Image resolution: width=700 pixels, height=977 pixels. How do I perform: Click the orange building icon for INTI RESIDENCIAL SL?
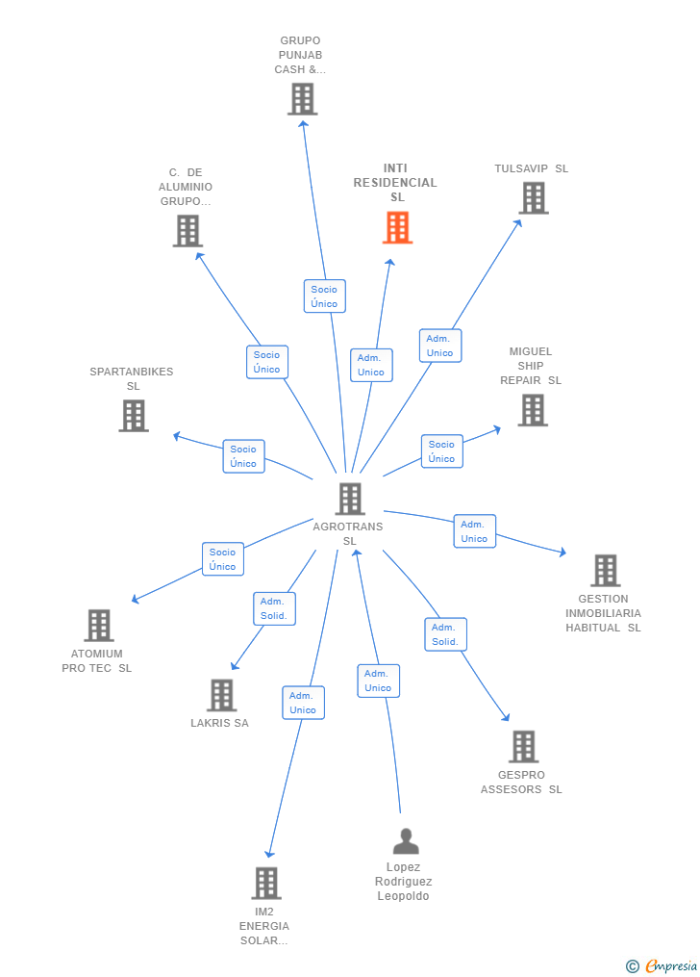(x=398, y=227)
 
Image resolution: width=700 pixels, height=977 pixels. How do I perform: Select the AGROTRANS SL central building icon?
(x=350, y=499)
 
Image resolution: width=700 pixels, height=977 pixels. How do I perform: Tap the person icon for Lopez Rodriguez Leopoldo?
(x=406, y=841)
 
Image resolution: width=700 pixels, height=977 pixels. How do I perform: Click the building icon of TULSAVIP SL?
(x=534, y=198)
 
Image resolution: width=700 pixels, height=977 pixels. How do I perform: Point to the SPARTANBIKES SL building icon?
(x=134, y=416)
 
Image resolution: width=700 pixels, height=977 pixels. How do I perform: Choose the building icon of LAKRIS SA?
(x=221, y=695)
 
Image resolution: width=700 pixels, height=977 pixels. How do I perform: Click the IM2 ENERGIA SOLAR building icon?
(x=266, y=884)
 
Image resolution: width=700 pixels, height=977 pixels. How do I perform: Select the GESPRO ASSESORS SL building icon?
(x=523, y=747)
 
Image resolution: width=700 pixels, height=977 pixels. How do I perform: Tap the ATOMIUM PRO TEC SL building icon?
(x=99, y=626)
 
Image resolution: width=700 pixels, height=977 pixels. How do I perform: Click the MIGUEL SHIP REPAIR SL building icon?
(x=533, y=411)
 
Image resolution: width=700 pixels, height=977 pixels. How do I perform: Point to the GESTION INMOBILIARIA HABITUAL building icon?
(x=606, y=571)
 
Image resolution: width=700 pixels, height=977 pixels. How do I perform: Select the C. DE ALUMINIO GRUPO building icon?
(x=187, y=231)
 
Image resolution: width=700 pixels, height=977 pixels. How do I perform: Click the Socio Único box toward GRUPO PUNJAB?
(x=324, y=296)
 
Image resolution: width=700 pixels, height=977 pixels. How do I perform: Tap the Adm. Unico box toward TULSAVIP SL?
(x=440, y=346)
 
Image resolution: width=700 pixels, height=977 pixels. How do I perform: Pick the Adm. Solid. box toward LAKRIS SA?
(x=274, y=608)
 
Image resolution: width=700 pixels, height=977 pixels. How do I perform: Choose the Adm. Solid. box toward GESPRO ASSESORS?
(x=445, y=634)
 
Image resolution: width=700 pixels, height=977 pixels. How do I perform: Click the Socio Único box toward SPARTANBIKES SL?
(x=243, y=456)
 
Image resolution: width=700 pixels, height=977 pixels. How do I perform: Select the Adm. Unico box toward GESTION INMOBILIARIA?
(x=474, y=531)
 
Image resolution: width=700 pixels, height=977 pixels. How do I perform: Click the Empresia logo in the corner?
(x=662, y=966)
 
